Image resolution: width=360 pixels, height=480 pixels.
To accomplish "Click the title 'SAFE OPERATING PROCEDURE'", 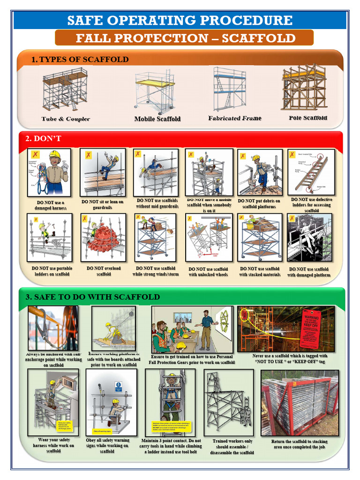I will pyautogui.click(x=180, y=20).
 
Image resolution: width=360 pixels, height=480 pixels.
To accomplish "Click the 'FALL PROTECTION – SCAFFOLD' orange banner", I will pyautogui.click(x=184, y=38).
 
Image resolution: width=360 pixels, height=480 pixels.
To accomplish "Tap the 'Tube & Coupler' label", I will pyautogui.click(x=66, y=119).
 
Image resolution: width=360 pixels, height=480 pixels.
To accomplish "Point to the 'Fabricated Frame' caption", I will pyautogui.click(x=235, y=118).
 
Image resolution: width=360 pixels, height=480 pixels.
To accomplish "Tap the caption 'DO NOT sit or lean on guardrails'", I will pyautogui.click(x=103, y=204).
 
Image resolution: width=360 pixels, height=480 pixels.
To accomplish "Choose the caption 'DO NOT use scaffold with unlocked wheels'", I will pyautogui.click(x=209, y=272).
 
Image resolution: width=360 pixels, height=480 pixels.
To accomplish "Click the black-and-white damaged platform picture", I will pyautogui.click(x=309, y=238).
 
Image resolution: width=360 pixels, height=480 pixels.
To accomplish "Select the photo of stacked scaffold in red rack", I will pyautogui.click(x=300, y=403).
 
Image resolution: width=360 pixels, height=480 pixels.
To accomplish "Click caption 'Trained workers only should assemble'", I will pyautogui.click(x=232, y=447).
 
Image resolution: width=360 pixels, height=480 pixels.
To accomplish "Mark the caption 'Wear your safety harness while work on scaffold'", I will pyautogui.click(x=53, y=445).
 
